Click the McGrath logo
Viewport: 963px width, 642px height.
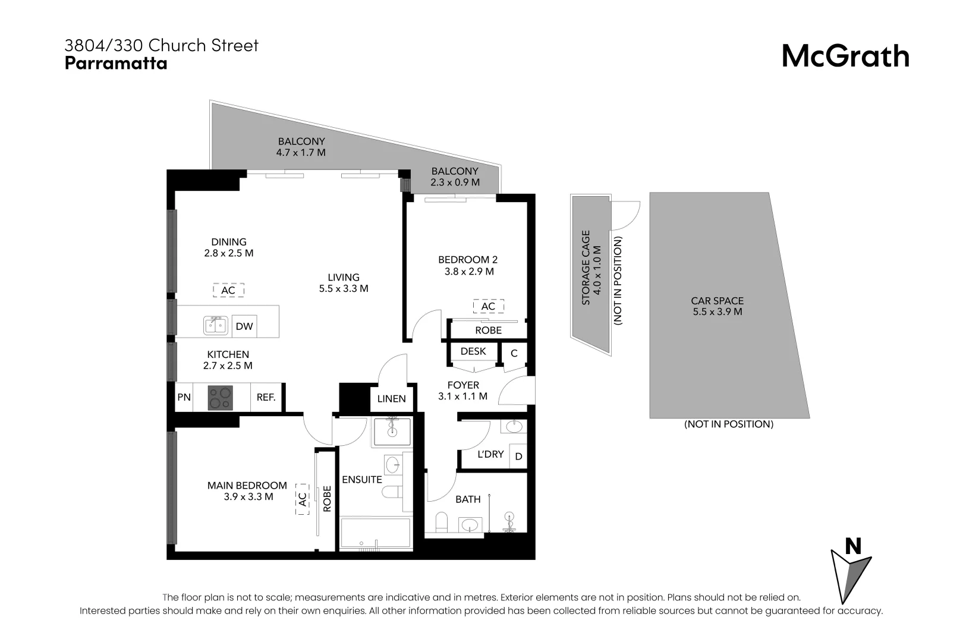pyautogui.click(x=845, y=56)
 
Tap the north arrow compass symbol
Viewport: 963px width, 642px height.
pyautogui.click(x=851, y=571)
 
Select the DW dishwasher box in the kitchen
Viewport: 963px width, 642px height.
pyautogui.click(x=244, y=326)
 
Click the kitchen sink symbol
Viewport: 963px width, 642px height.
pyautogui.click(x=216, y=326)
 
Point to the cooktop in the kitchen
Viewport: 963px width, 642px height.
pyautogui.click(x=220, y=398)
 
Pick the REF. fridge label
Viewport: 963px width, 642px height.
pyautogui.click(x=266, y=397)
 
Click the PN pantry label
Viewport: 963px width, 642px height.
pyautogui.click(x=184, y=397)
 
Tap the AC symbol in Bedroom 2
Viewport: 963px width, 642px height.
pyautogui.click(x=488, y=306)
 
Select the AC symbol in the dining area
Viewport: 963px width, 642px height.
pyautogui.click(x=228, y=290)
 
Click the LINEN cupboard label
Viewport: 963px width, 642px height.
pyautogui.click(x=391, y=399)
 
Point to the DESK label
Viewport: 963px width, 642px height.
pyautogui.click(x=473, y=351)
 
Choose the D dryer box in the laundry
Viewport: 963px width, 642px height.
pyautogui.click(x=518, y=457)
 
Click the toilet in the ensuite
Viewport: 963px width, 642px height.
pyautogui.click(x=391, y=493)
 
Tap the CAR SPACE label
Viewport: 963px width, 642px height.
pyautogui.click(x=717, y=301)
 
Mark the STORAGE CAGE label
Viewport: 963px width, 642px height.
pyautogui.click(x=586, y=267)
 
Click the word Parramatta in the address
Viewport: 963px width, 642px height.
pyautogui.click(x=116, y=63)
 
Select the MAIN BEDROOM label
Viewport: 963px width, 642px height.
pyautogui.click(x=247, y=486)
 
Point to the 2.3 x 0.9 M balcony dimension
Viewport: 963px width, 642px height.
pyautogui.click(x=455, y=182)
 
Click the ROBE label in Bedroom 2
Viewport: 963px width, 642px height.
pyautogui.click(x=488, y=331)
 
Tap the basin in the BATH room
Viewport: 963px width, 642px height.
pyautogui.click(x=471, y=525)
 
